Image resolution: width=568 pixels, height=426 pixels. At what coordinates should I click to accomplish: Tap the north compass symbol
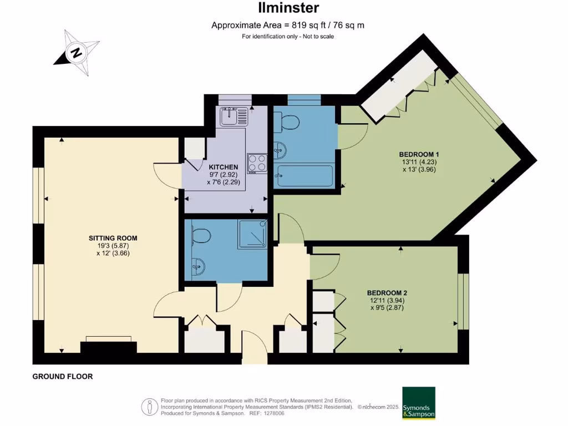pos(77,53)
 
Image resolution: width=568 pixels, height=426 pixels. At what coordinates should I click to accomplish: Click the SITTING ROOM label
pos(113,238)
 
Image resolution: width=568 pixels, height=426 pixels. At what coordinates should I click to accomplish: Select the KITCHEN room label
pos(224,167)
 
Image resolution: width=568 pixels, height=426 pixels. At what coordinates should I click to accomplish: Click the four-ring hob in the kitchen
pos(256,163)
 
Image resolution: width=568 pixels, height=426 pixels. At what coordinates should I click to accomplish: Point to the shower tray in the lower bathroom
pos(252,234)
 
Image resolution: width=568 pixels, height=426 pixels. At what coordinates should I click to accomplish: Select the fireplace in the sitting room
pos(108,346)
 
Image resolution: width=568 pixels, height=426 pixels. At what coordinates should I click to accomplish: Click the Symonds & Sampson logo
pos(419,403)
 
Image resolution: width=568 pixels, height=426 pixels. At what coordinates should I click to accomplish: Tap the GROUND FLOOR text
pos(63,377)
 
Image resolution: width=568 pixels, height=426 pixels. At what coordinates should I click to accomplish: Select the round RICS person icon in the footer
pos(149,406)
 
